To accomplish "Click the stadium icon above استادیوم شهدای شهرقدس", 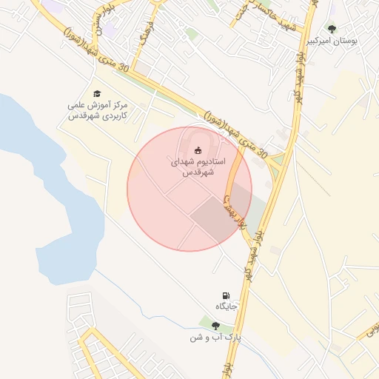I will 197,150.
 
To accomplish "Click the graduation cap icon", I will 97,93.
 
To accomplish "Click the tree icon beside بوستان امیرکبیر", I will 331,30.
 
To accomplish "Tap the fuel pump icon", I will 225,296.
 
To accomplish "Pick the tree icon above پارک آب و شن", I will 215,326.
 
